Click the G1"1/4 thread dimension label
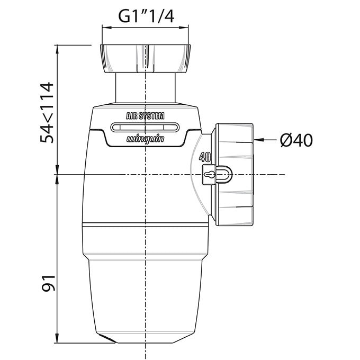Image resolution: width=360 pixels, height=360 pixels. [x=146, y=16]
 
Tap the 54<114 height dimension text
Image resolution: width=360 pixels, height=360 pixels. [x=47, y=112]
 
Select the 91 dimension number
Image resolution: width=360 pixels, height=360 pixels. [x=49, y=283]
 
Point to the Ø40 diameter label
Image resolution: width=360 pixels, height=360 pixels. [x=296, y=140]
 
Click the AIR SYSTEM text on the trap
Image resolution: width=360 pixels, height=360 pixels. [x=145, y=116]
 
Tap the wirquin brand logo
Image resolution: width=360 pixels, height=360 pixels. [x=146, y=139]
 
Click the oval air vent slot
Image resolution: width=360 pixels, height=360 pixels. [x=145, y=128]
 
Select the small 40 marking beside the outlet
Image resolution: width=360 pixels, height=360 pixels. [x=205, y=157]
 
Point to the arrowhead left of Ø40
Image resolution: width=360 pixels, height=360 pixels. [x=259, y=140]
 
